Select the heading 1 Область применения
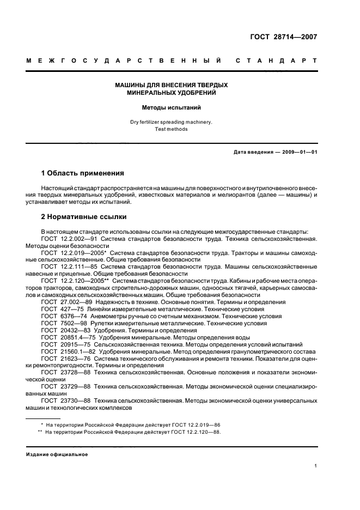(x=82, y=173)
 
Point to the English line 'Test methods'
(x=171, y=129)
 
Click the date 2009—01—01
(x=298, y=152)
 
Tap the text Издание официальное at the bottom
(x=57, y=454)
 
